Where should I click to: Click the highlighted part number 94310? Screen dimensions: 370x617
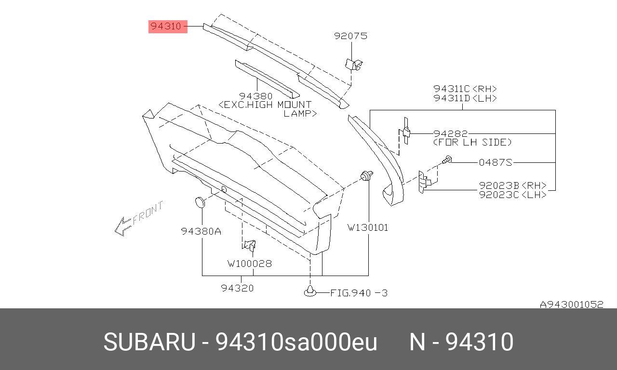coord(167,26)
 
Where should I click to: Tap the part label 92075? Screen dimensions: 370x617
coord(350,36)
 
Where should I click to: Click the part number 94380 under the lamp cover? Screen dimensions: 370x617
coord(256,96)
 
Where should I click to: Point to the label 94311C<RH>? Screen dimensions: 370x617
coord(465,89)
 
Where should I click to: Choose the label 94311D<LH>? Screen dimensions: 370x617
coord(465,98)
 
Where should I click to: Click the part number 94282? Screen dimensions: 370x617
coord(450,133)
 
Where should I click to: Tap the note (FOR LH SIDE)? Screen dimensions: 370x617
coord(472,142)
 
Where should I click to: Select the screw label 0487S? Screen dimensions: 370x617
coord(495,162)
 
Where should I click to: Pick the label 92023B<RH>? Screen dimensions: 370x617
coord(512,185)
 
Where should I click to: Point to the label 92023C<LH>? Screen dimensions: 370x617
coord(512,195)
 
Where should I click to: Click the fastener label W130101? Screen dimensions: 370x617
coord(368,227)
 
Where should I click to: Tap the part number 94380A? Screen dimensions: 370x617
coord(201,231)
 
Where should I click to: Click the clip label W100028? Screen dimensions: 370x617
coord(250,264)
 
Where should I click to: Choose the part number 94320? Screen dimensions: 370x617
coord(237,288)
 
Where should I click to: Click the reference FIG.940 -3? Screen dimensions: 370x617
coord(359,292)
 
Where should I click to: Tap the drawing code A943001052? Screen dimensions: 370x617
coord(571,304)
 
